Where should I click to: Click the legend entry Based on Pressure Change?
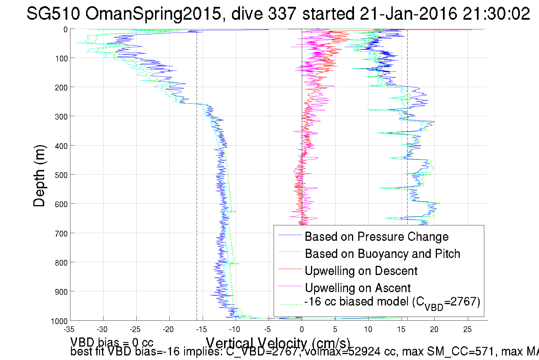coord(377,237)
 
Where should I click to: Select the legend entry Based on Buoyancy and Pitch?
coord(382,254)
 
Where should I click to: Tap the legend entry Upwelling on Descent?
coord(361,271)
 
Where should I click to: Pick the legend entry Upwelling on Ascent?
coord(357,288)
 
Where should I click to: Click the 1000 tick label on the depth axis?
coord(59,321)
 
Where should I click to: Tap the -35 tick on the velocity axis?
coord(69,329)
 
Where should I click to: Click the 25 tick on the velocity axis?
coord(467,329)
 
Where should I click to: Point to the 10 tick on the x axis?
coord(368,329)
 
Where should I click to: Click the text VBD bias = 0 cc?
coord(112,342)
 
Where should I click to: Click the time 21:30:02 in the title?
coord(496,13)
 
